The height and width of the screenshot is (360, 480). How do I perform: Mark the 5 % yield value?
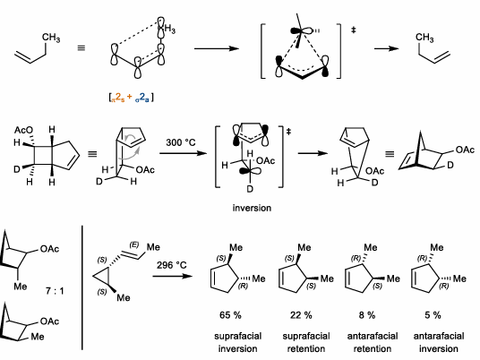433,316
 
